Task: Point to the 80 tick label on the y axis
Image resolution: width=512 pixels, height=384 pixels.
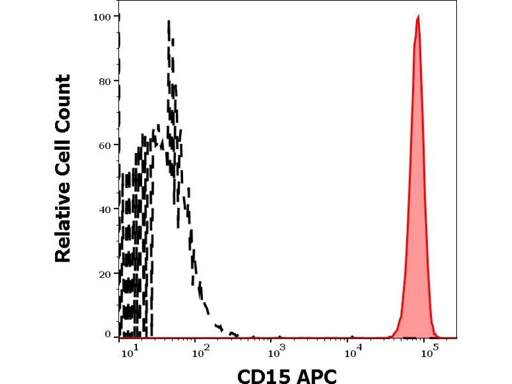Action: click(x=104, y=81)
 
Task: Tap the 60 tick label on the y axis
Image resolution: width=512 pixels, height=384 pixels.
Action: click(x=104, y=145)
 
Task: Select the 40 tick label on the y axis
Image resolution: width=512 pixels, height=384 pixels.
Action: click(x=104, y=209)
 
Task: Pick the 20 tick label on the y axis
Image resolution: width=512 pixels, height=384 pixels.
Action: click(x=104, y=273)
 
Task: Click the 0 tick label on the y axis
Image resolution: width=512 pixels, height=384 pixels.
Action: click(x=107, y=334)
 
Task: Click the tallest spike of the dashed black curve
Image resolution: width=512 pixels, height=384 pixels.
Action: click(x=168, y=22)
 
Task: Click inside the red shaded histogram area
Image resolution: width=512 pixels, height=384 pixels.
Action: click(x=417, y=192)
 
